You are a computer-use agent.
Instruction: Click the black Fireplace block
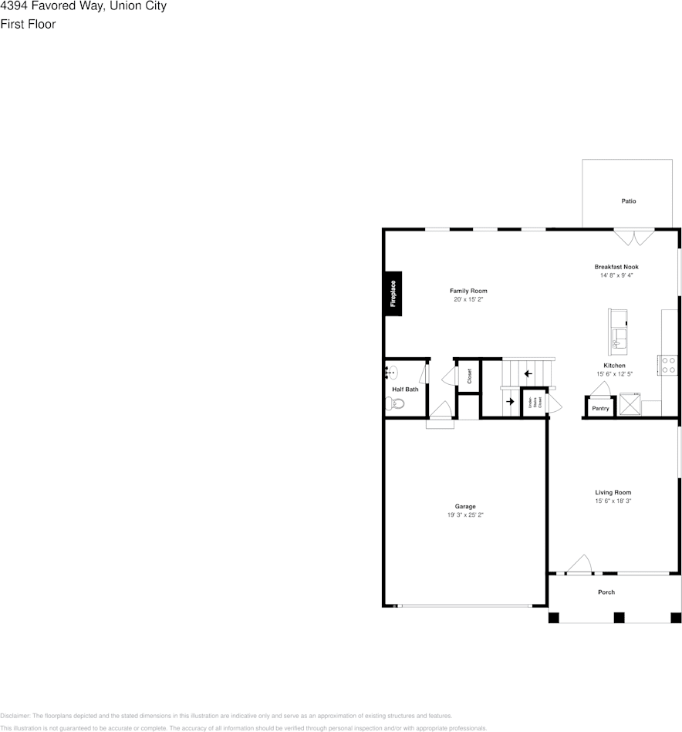(x=393, y=293)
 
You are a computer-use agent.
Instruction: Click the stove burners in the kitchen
(x=667, y=365)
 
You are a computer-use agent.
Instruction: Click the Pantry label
(x=600, y=408)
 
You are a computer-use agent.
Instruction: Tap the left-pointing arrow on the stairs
(x=528, y=374)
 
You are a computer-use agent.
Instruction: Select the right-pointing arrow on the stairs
(x=510, y=401)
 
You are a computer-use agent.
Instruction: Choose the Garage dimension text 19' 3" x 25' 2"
(x=465, y=514)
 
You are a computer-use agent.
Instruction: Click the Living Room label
(x=613, y=492)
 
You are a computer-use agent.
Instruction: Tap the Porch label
(x=606, y=592)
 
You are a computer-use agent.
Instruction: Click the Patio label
(x=629, y=201)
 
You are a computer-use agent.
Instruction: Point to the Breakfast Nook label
(x=616, y=267)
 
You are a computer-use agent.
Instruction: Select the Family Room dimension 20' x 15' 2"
(x=469, y=299)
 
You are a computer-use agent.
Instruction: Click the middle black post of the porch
(x=619, y=617)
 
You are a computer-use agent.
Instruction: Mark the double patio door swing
(x=634, y=236)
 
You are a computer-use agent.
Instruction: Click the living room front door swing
(x=580, y=565)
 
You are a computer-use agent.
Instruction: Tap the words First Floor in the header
(x=28, y=24)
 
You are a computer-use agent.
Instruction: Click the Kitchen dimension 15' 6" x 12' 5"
(x=614, y=374)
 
